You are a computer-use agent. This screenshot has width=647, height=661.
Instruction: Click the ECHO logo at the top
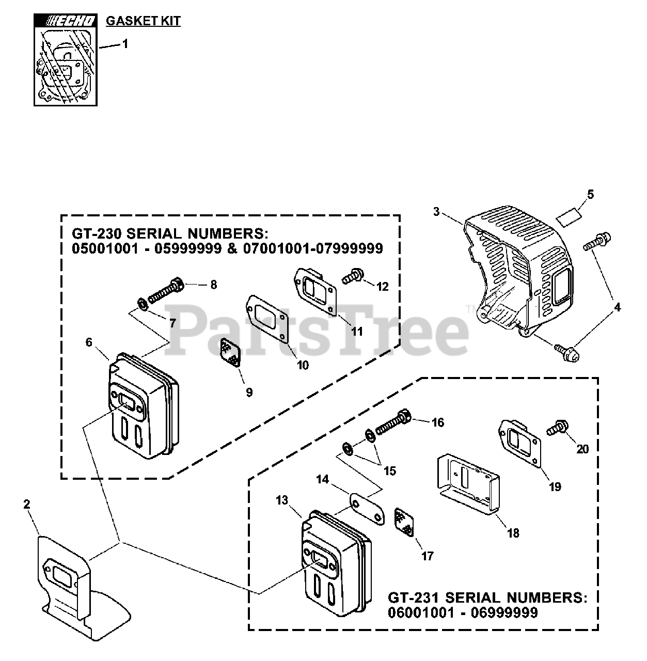point(65,21)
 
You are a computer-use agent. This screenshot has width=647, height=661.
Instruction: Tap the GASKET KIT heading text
point(143,21)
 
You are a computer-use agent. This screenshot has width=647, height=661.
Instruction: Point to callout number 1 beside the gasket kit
point(124,44)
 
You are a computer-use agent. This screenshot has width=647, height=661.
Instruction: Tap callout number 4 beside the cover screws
point(617,308)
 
